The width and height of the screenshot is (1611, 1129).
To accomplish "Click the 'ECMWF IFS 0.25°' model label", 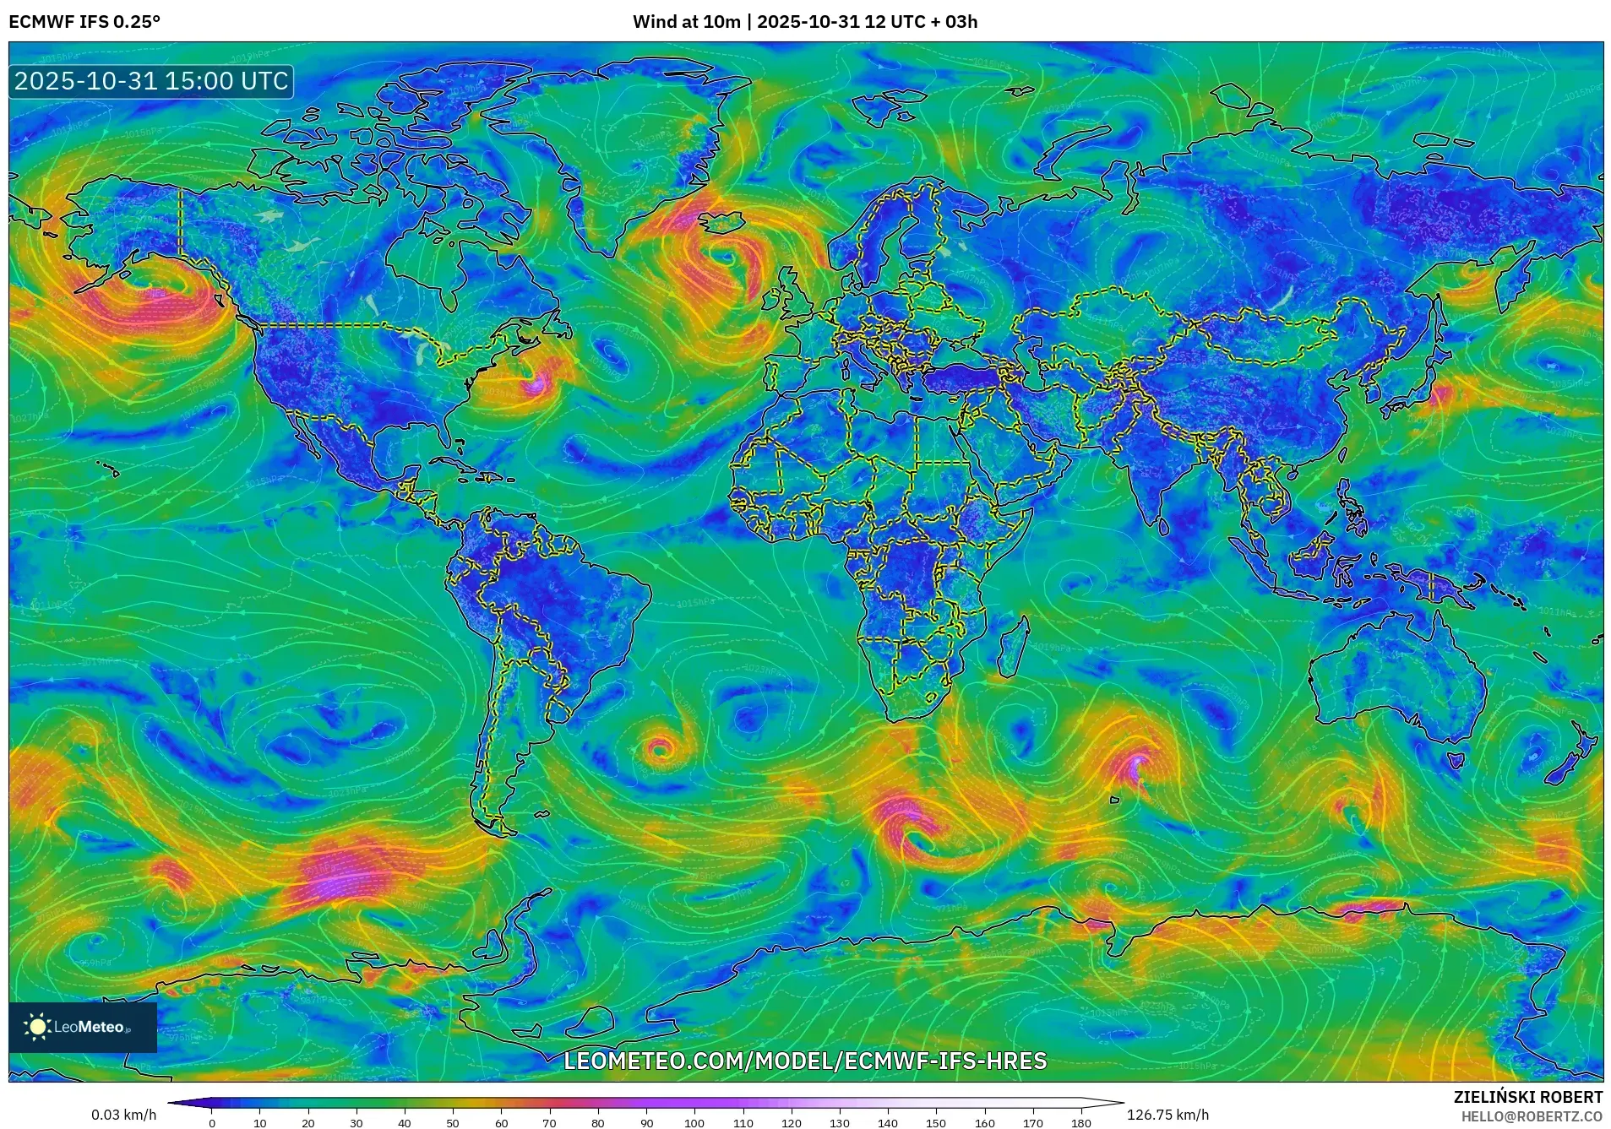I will [x=84, y=22].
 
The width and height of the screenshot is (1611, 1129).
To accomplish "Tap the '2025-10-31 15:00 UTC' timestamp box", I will [x=151, y=81].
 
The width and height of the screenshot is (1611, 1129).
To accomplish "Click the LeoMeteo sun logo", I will [x=37, y=1027].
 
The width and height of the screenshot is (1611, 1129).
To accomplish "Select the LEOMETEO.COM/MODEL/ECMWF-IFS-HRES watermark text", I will [x=804, y=1061].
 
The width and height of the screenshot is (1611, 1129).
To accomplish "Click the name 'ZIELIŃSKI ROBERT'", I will [x=1527, y=1097].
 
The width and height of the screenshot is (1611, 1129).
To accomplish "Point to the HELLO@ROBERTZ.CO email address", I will [x=1532, y=1116].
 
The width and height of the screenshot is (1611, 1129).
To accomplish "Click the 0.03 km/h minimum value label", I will [x=124, y=1115].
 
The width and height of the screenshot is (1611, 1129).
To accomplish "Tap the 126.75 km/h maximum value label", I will [x=1167, y=1115].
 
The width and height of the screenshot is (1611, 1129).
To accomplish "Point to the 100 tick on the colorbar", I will [x=694, y=1122].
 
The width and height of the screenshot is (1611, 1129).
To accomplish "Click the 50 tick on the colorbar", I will [x=453, y=1122].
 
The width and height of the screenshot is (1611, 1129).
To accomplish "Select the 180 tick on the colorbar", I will [x=1080, y=1122].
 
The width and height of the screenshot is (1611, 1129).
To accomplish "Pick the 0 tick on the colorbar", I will [x=212, y=1122].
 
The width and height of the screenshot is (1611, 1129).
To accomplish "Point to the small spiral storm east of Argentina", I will [x=659, y=748].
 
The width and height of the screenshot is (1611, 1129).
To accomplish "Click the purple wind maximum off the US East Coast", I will [x=534, y=386].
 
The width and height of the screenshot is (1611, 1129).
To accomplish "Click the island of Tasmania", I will [x=1455, y=761].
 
